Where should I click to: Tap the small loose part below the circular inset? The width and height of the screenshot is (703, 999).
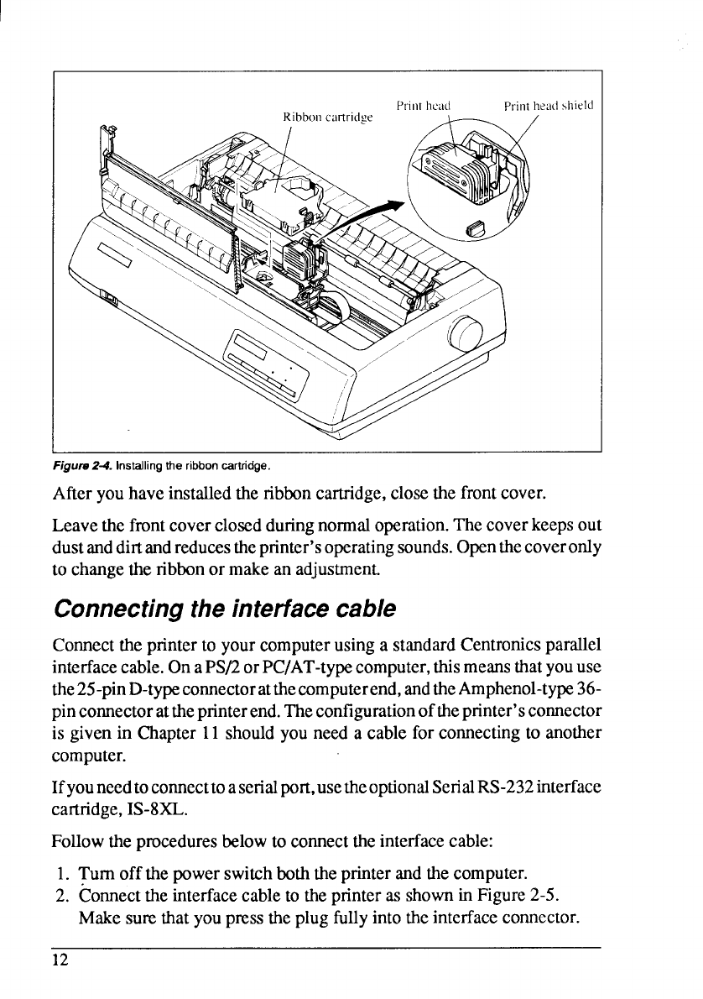point(475,227)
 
